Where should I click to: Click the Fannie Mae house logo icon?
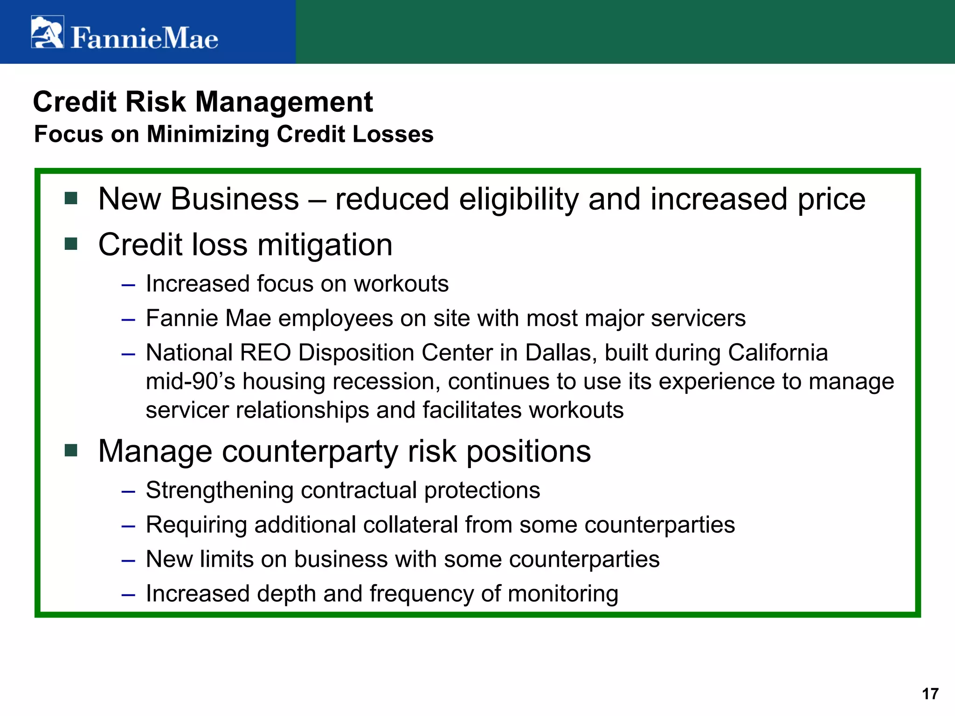[47, 32]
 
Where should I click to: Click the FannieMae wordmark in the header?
[144, 38]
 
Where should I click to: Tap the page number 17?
[930, 694]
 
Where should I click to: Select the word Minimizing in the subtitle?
[208, 134]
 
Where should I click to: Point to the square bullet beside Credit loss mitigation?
[71, 244]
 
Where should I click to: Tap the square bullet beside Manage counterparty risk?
[71, 450]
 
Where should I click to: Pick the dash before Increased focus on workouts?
[128, 285]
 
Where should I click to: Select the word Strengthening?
[220, 490]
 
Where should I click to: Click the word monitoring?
[563, 594]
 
